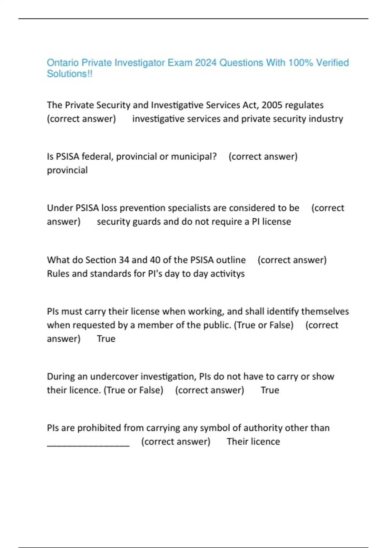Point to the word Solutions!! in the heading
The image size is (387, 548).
click(x=70, y=74)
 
